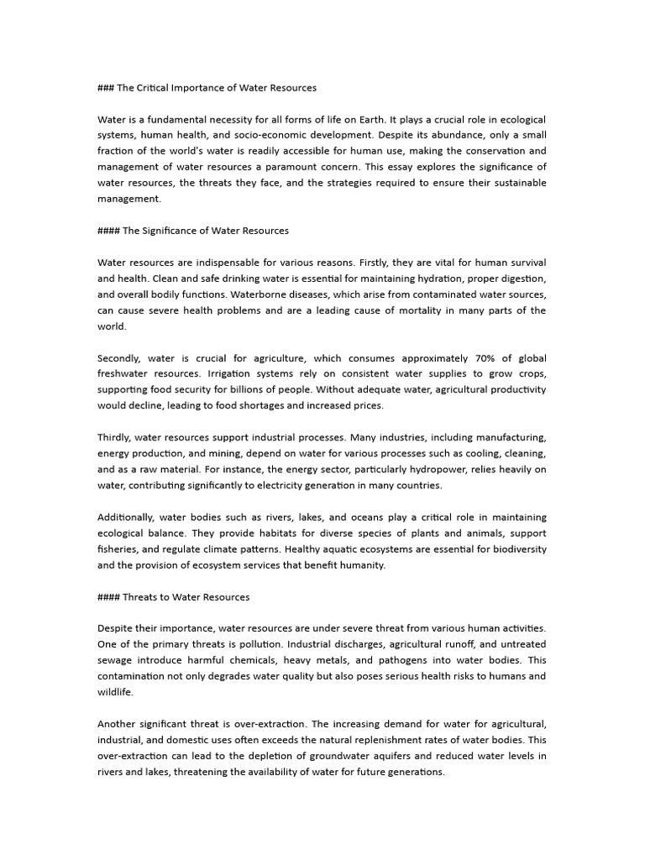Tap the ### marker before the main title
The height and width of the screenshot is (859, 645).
[107, 87]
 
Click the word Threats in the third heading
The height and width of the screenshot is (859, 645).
[140, 597]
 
